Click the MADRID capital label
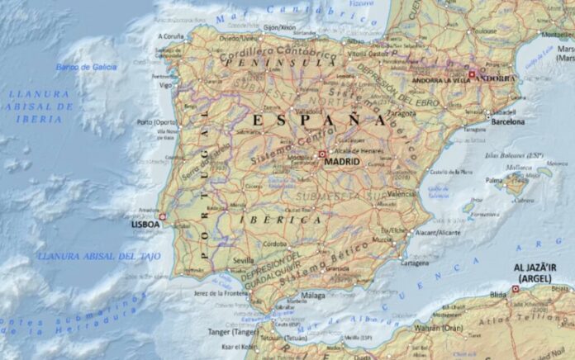[x=343, y=163]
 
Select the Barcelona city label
[x=507, y=121]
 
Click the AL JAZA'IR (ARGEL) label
[x=538, y=273]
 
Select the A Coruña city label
[x=172, y=37]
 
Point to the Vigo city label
[x=166, y=85]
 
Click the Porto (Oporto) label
[x=158, y=123]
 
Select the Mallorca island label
[x=520, y=168]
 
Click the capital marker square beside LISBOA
[x=162, y=217]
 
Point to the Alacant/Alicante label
[x=438, y=234]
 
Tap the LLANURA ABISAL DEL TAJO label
[x=92, y=257]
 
